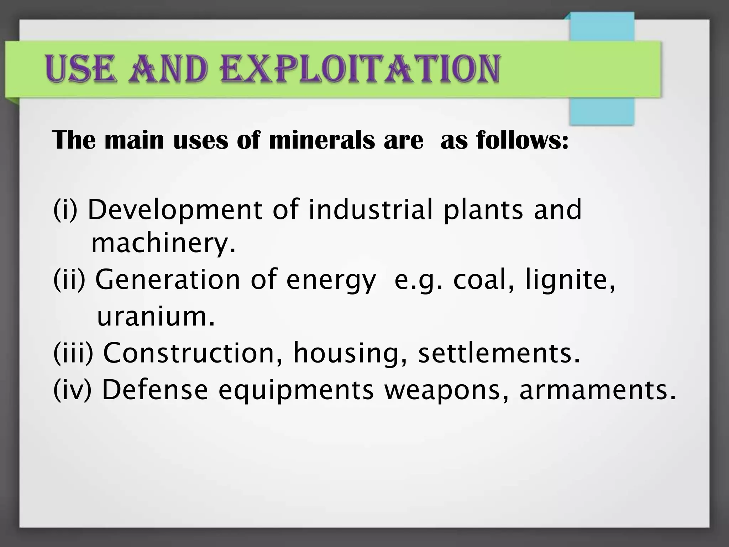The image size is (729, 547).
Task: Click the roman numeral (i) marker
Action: pyautogui.click(x=65, y=210)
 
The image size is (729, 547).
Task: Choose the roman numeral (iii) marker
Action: pyautogui.click(x=73, y=353)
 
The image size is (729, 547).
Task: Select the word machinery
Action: pyautogui.click(x=163, y=244)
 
